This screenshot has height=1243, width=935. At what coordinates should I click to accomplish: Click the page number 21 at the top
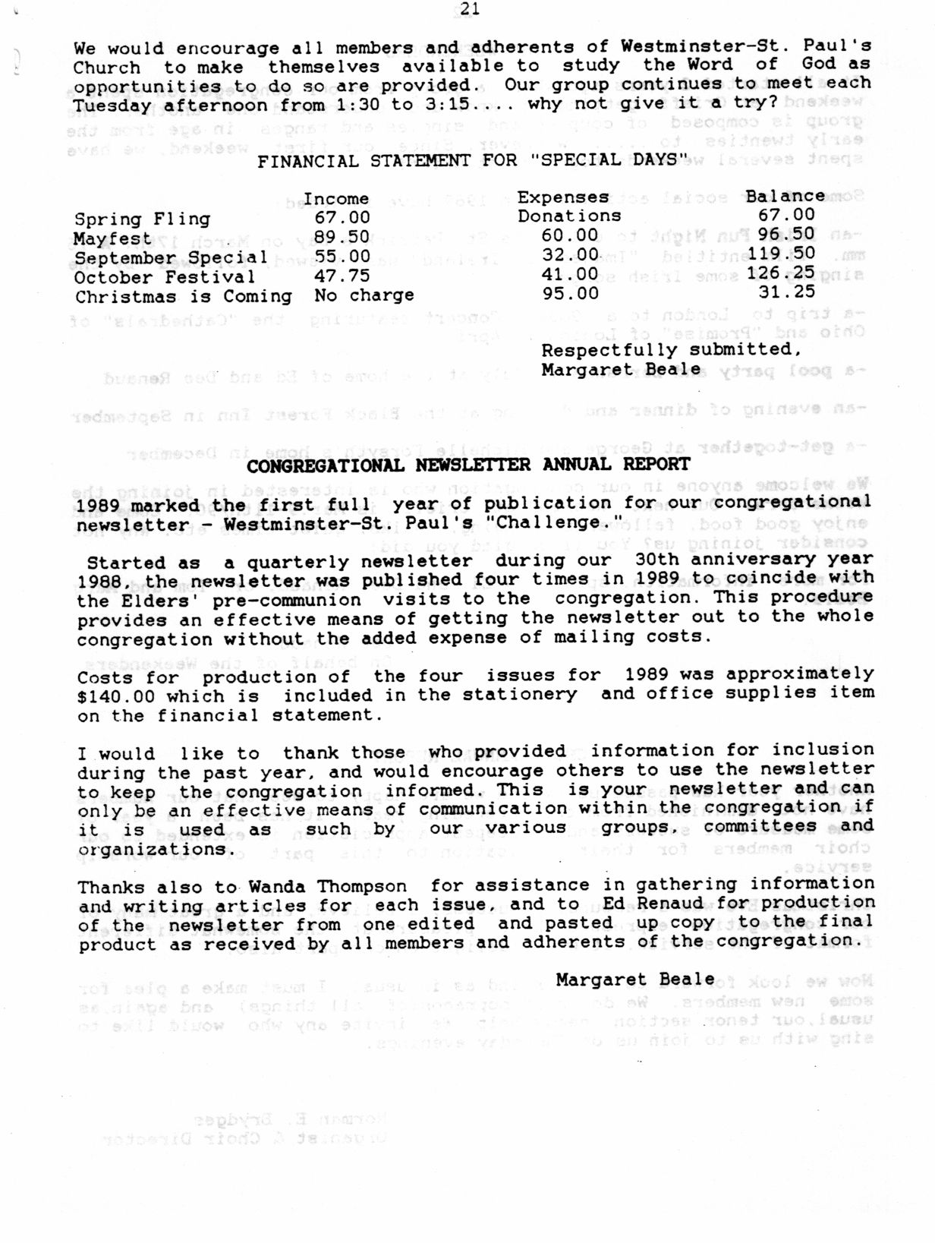[x=469, y=9]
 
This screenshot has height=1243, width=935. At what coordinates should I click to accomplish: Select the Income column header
[x=336, y=199]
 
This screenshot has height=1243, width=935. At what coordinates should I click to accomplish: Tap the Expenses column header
[x=563, y=197]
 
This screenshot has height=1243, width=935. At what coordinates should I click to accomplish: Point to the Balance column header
[x=785, y=196]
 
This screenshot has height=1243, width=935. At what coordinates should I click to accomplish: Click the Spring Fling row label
[x=142, y=219]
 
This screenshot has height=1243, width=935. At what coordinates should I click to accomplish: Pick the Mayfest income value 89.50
[x=342, y=238]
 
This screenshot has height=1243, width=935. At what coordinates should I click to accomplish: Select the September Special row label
[x=170, y=257]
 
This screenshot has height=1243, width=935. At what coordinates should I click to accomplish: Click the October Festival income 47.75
[x=342, y=276]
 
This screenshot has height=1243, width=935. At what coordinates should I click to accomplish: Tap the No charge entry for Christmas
[x=364, y=295]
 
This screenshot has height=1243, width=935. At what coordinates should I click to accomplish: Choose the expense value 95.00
[x=570, y=293]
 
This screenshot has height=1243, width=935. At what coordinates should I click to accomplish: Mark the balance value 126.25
[x=780, y=273]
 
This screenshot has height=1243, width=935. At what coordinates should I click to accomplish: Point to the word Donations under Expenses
[x=569, y=216]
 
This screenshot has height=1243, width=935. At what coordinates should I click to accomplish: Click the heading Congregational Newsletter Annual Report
[x=468, y=465]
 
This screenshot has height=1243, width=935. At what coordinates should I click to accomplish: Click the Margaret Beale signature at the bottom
[x=634, y=980]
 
